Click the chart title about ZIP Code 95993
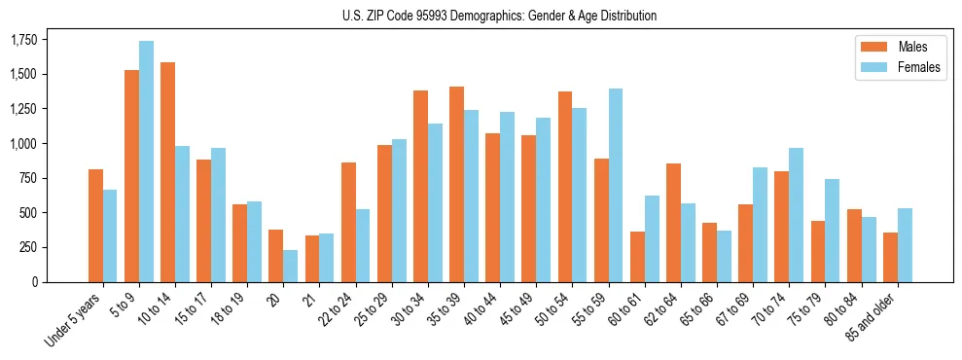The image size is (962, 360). [499, 16]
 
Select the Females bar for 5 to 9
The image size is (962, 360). [146, 162]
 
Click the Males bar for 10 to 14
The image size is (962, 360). [167, 172]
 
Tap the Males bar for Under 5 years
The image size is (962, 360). [95, 226]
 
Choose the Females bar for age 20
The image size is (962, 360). [290, 266]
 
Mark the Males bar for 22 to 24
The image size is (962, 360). [348, 222]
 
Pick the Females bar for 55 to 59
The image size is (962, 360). [615, 185]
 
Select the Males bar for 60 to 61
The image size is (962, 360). [637, 257]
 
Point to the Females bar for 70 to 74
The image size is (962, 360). [795, 215]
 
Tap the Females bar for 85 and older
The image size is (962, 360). [904, 245]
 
